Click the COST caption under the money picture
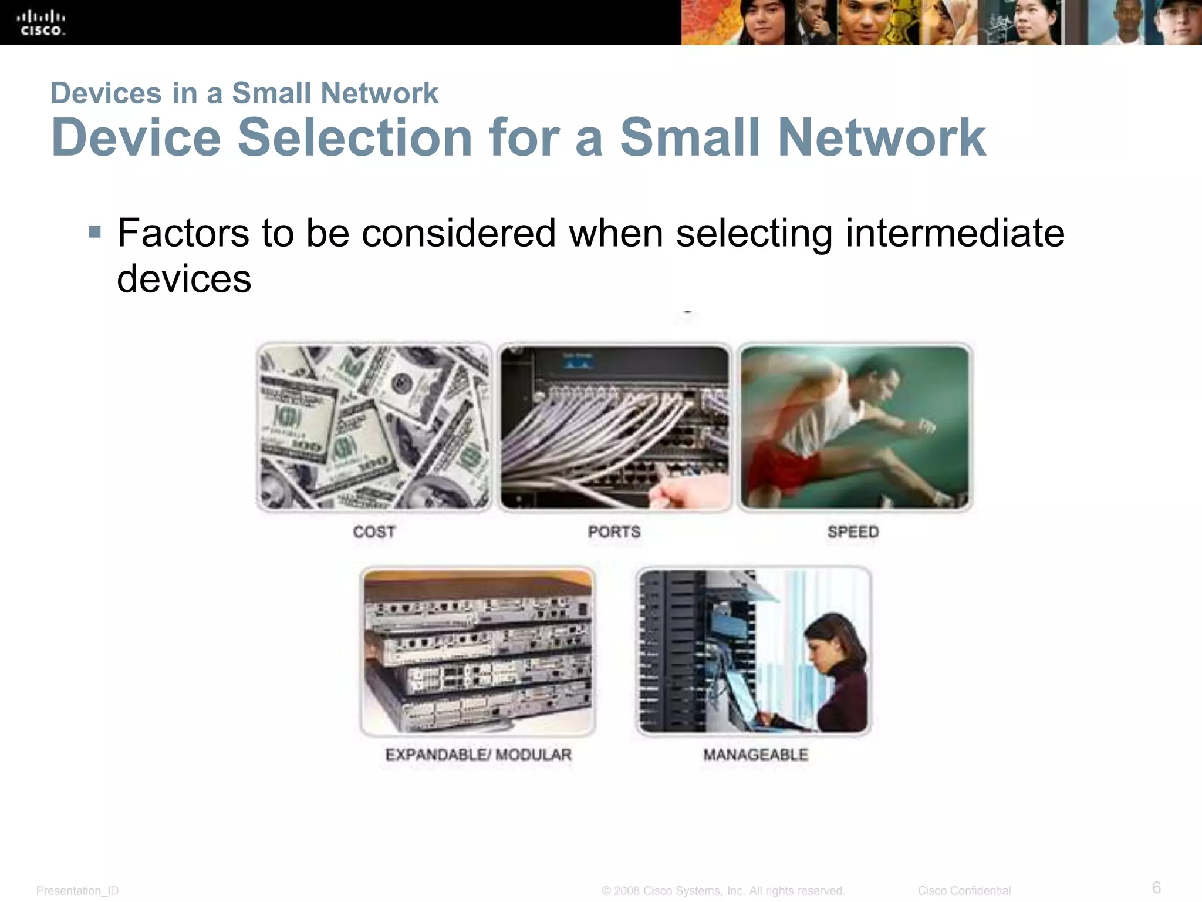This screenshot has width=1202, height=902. tap(374, 532)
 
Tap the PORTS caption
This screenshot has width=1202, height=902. tap(614, 532)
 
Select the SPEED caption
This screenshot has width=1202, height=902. tap(853, 532)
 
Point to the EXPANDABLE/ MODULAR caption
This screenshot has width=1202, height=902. tap(478, 755)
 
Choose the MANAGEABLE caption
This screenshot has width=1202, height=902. tap(755, 755)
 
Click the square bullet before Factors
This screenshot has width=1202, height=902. tap(94, 233)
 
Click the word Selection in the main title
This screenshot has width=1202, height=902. tap(354, 138)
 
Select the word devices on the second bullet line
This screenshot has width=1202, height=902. tap(184, 279)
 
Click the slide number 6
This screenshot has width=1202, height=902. tap(1156, 887)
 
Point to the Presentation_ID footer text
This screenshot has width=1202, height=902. tap(77, 891)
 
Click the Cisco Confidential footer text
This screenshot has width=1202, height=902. tap(964, 891)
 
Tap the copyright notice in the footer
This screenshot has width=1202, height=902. tap(723, 891)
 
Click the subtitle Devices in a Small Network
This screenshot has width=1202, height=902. tap(244, 93)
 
